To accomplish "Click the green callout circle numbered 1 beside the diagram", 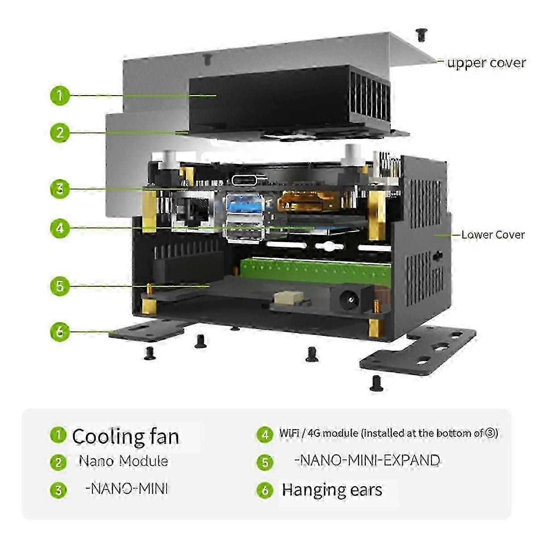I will [x=60, y=95].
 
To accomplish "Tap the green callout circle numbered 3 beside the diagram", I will [x=60, y=189].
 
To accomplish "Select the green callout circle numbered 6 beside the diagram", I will [x=60, y=331].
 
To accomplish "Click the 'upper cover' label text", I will [x=486, y=63].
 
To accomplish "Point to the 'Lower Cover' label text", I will [x=493, y=234].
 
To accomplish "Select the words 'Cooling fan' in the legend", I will [x=126, y=436].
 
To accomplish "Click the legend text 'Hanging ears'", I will [x=332, y=490].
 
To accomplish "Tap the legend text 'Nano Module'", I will [x=123, y=461].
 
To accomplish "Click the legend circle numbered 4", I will [x=265, y=434].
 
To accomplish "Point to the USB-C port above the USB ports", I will [x=244, y=180].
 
